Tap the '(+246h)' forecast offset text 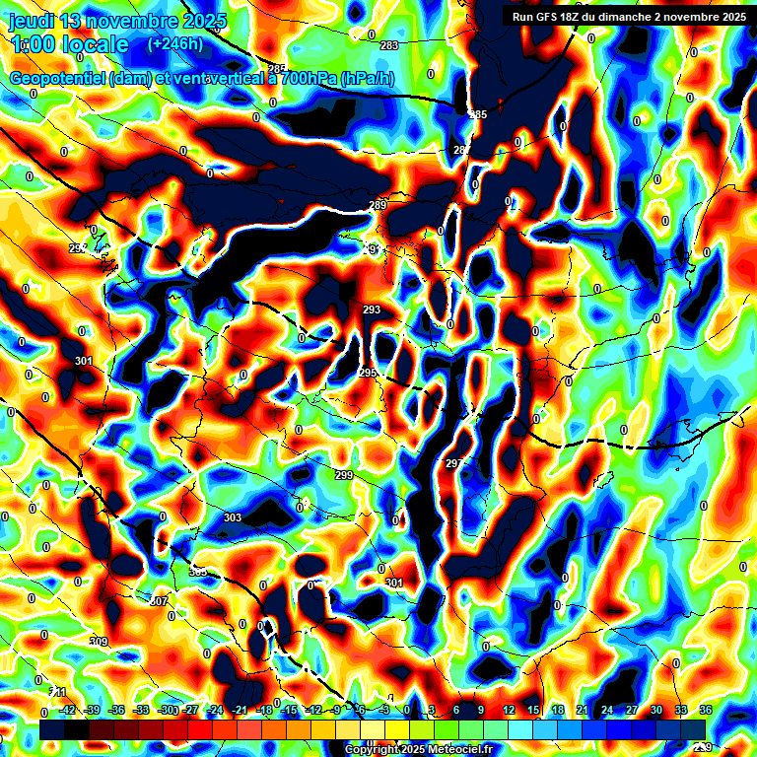coord(174,43)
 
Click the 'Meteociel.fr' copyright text coord(454,750)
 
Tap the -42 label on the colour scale coord(68,711)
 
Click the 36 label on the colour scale coord(706,711)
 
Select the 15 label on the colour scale coord(533,711)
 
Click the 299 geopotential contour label coord(343,475)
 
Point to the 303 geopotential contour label coord(233,517)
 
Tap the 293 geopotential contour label coord(372,310)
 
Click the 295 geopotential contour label coord(368,373)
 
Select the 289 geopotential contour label coord(378,205)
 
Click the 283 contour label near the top coord(389,45)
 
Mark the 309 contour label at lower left coord(99,642)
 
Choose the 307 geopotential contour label coord(159,600)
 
